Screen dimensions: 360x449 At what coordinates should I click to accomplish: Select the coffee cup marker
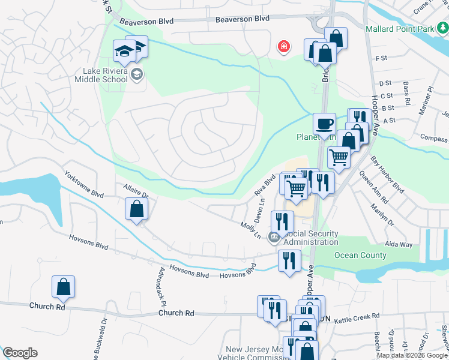point(324,124)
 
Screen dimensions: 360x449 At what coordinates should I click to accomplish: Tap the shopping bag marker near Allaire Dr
point(137,209)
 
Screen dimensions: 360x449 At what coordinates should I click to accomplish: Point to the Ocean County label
point(360,255)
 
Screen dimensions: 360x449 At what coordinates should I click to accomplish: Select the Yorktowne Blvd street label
point(84,185)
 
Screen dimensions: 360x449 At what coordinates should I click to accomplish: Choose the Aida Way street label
point(399,245)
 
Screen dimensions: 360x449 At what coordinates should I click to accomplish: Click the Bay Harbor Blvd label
point(387,175)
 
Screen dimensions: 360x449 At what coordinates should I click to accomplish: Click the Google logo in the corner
point(20,353)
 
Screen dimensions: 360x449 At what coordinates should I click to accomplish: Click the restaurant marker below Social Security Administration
point(289,262)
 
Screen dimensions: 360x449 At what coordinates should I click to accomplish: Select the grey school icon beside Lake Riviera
point(137,74)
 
